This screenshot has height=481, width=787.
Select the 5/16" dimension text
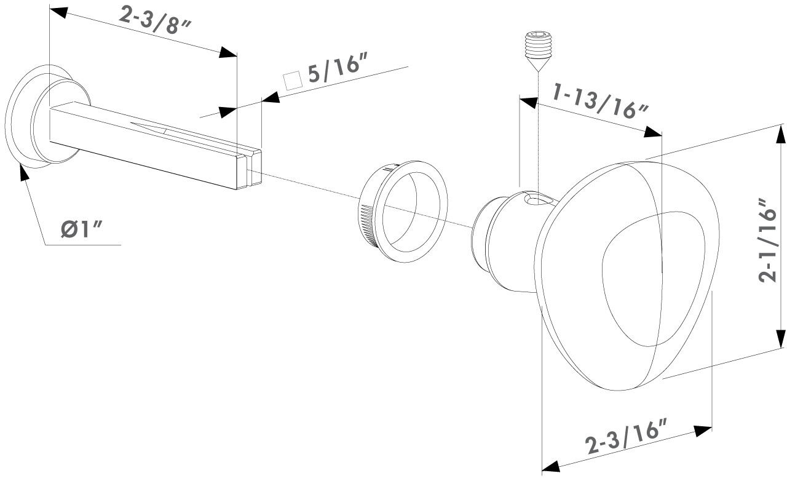tap(338, 68)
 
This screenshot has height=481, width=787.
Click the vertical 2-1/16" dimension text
tap(767, 240)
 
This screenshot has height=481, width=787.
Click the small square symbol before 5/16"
tap(293, 81)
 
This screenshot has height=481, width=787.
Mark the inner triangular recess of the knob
tap(653, 279)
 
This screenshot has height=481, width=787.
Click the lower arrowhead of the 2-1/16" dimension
tap(780, 339)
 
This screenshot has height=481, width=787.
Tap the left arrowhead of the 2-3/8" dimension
tap(58, 12)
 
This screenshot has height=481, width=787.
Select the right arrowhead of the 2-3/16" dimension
tap(703, 431)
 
